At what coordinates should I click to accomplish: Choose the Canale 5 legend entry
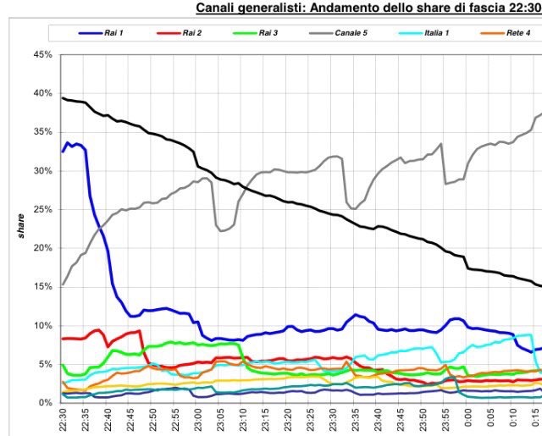tap(357, 33)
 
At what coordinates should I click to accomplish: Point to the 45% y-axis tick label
tap(41, 55)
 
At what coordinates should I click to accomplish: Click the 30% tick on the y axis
tap(41, 171)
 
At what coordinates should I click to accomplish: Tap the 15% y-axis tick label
tap(41, 287)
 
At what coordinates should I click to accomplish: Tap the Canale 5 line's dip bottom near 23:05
tap(222, 230)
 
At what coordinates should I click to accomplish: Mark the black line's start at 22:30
tap(64, 98)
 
